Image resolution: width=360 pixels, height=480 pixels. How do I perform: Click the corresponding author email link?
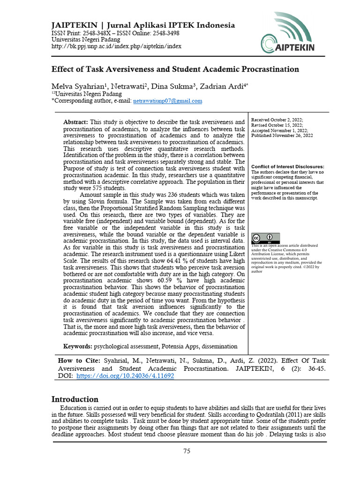168,101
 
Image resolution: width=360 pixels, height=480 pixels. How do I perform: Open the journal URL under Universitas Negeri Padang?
116,46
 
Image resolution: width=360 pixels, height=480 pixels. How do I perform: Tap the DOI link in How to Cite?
125,376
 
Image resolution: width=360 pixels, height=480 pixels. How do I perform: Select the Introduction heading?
75,399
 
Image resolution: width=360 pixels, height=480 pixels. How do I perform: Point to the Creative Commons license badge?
265,238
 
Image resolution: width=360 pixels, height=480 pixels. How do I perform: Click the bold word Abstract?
75,122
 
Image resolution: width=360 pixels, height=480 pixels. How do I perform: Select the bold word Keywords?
78,346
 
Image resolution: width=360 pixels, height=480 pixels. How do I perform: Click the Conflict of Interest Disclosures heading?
287,167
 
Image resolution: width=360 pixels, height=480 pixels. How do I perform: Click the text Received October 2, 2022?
277,120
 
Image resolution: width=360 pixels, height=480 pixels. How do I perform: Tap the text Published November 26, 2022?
282,135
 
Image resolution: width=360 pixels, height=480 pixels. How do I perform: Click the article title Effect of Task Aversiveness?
175,69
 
